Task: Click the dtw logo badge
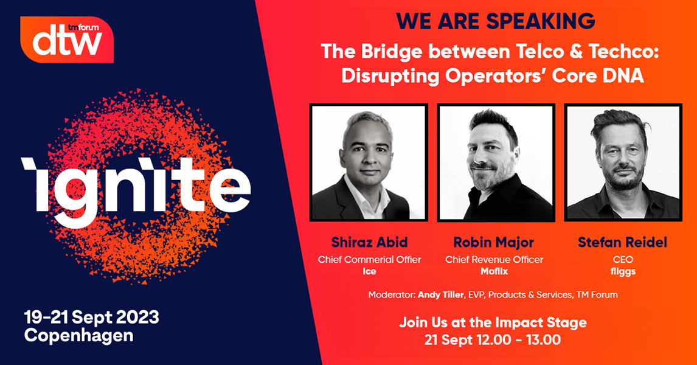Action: (67, 40)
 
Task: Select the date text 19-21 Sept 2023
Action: (92, 318)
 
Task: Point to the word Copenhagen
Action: (78, 336)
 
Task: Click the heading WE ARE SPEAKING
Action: (496, 21)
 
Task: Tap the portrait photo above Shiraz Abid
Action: (369, 162)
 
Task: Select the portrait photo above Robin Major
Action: (496, 162)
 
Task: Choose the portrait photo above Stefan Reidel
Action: (623, 162)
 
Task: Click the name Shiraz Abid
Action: (369, 242)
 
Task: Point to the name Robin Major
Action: (494, 242)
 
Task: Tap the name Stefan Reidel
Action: (622, 242)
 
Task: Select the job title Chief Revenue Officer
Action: (494, 260)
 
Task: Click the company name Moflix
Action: (494, 271)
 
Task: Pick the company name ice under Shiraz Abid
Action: (369, 271)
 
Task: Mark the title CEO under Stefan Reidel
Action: (623, 260)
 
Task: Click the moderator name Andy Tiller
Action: (441, 295)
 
